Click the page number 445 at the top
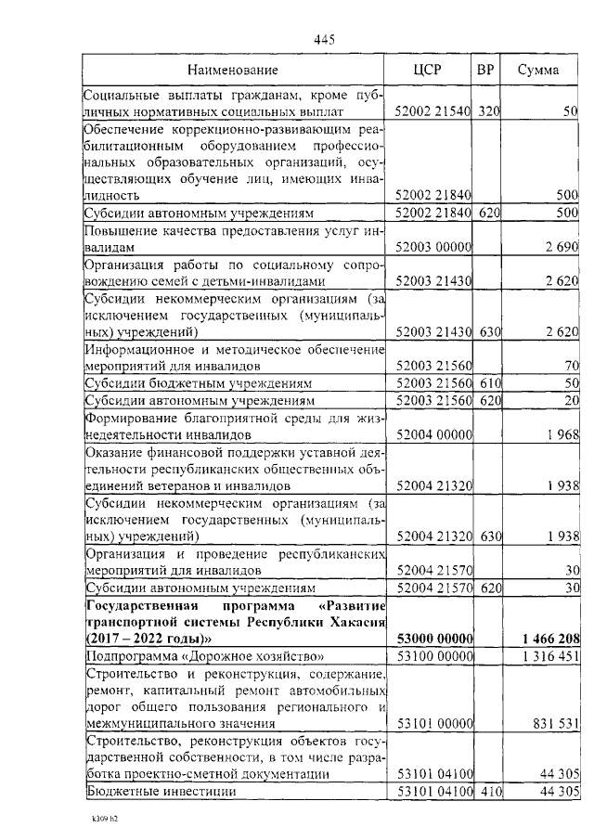point(324,39)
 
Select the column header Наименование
point(232,70)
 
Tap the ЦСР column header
point(428,70)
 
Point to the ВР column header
point(485,70)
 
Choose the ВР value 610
point(489,382)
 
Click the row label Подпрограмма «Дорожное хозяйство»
point(204,656)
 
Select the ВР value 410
point(489,791)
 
